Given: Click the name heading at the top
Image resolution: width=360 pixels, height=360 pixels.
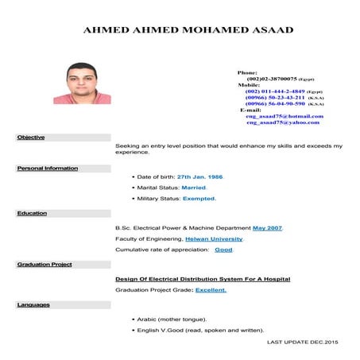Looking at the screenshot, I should point(188,30).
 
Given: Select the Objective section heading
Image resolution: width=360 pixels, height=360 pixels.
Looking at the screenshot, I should point(31,137).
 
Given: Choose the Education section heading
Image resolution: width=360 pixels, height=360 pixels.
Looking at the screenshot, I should point(33,213).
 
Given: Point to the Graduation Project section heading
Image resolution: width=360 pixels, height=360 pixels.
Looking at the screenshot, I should point(45,264).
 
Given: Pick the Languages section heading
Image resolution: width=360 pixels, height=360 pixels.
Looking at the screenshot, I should point(33,304).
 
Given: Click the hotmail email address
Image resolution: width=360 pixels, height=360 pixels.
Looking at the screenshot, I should point(284,116).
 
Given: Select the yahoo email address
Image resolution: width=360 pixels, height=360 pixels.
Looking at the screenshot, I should point(282,122).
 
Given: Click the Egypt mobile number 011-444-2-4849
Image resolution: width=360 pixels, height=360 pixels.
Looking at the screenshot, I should point(274,91).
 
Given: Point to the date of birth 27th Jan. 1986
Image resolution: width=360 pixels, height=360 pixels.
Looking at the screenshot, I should point(199,176).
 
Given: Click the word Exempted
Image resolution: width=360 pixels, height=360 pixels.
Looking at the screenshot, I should point(199,199).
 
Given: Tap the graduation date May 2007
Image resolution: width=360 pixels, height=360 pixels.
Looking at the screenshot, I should point(267,228).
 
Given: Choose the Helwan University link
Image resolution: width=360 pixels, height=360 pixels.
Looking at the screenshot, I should point(214,238).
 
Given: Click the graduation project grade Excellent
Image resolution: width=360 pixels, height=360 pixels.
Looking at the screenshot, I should point(211,290).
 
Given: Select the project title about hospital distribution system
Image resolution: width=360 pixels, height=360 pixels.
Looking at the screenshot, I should point(203,279).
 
